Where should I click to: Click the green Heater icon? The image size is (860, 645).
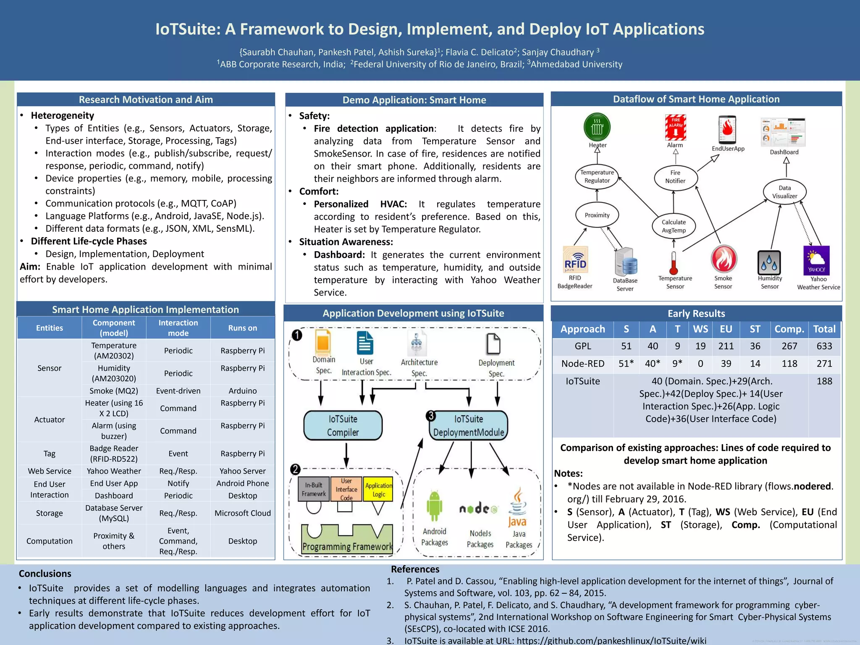pyautogui.click(x=597, y=127)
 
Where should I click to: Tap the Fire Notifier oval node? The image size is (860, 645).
pyautogui.click(x=675, y=177)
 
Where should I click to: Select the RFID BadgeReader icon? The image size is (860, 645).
pyautogui.click(x=575, y=260)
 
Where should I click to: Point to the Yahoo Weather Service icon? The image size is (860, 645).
pyautogui.click(x=816, y=260)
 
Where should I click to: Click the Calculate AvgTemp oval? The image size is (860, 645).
pyautogui.click(x=674, y=226)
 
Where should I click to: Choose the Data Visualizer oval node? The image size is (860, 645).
pyautogui.click(x=784, y=192)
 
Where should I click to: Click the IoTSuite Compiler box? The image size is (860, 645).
pyautogui.click(x=343, y=425)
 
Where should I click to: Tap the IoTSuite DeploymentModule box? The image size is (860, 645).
pyautogui.click(x=468, y=425)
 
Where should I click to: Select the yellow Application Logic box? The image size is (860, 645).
pyautogui.click(x=378, y=489)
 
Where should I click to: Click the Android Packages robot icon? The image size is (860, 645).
pyautogui.click(x=434, y=506)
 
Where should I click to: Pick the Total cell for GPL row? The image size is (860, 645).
pyautogui.click(x=824, y=346)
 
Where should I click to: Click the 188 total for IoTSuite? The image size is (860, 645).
pyautogui.click(x=824, y=381)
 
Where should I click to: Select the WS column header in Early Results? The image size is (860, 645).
pyautogui.click(x=700, y=329)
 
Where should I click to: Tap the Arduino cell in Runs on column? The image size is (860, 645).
pyautogui.click(x=243, y=391)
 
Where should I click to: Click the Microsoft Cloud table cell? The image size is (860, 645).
pyautogui.click(x=243, y=513)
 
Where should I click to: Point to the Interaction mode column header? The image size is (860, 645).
pyautogui.click(x=178, y=328)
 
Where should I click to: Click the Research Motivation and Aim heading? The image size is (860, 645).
pyautogui.click(x=146, y=100)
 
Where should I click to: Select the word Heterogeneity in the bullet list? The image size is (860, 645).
pyautogui.click(x=62, y=115)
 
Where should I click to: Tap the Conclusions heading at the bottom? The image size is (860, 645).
pyautogui.click(x=45, y=574)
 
